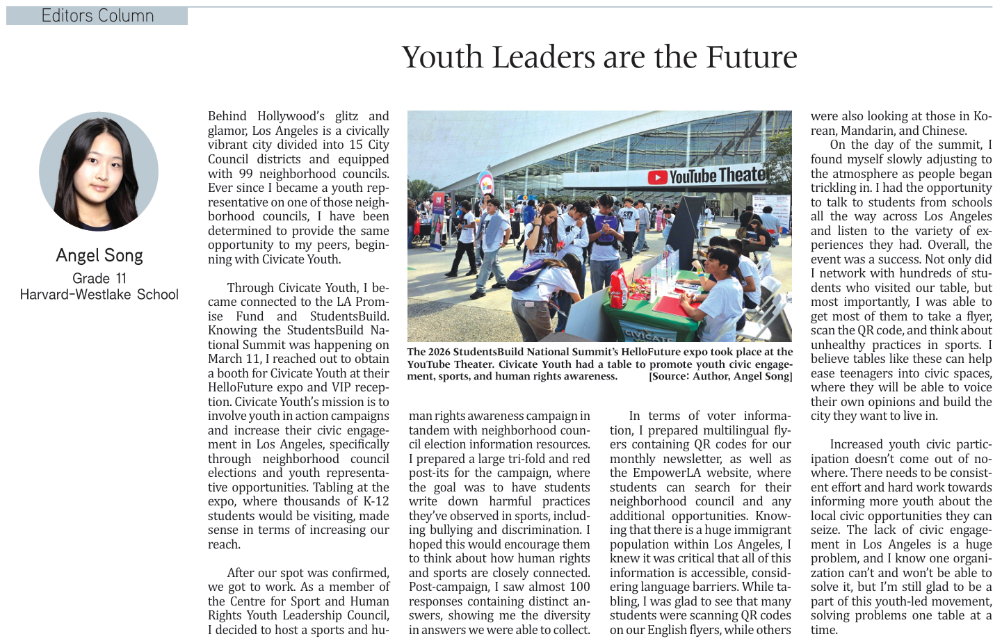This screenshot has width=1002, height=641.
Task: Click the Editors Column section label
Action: pyautogui.click(x=97, y=15)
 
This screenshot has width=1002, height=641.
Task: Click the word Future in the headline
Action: pyautogui.click(x=751, y=57)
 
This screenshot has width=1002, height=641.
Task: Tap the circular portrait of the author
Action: pyautogui.click(x=99, y=171)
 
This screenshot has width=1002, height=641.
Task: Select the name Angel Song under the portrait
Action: pyautogui.click(x=99, y=255)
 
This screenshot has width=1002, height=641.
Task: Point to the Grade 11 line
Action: pyautogui.click(x=99, y=278)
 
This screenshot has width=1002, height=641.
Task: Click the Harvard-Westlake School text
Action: pyautogui.click(x=99, y=294)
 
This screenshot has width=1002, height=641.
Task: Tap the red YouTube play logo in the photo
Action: pyautogui.click(x=657, y=178)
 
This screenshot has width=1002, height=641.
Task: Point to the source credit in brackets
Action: pyautogui.click(x=720, y=376)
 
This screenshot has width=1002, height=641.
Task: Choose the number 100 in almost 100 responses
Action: pyautogui.click(x=579, y=587)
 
